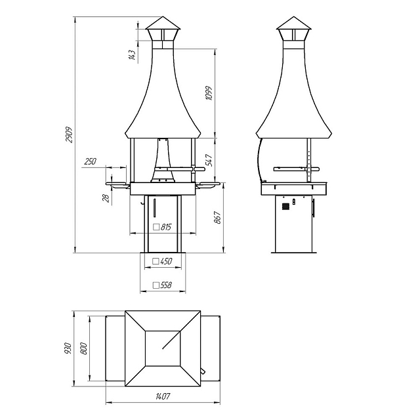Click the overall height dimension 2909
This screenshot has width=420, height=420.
(70, 135)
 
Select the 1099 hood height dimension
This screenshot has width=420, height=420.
(209, 93)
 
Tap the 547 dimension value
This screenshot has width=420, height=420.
(210, 160)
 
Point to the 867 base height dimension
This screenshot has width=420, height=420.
(217, 217)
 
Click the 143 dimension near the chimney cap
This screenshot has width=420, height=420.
(132, 55)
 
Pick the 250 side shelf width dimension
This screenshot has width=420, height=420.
(91, 161)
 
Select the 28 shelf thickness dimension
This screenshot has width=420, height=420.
(106, 198)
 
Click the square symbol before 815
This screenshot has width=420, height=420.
(156, 227)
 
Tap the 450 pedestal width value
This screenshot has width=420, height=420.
(166, 261)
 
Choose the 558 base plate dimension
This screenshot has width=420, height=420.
(166, 285)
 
